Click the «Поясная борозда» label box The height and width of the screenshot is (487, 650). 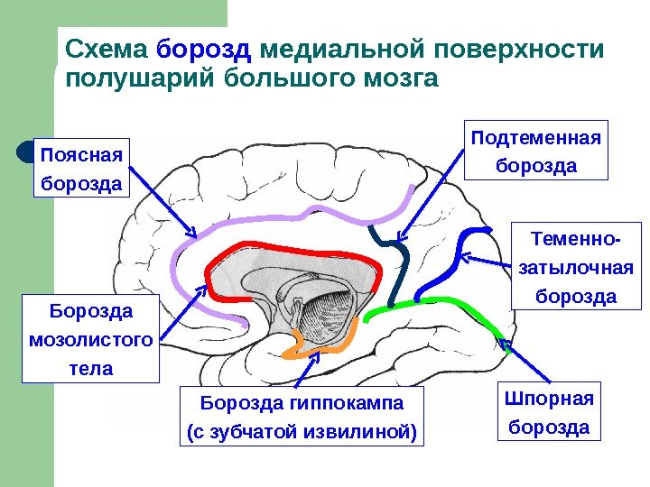click(81, 168)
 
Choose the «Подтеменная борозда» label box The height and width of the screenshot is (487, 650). click(536, 151)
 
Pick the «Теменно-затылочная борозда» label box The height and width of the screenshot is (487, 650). click(575, 267)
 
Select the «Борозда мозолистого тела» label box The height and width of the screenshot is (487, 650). click(90, 338)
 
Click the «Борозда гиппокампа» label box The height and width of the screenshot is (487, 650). click(302, 416)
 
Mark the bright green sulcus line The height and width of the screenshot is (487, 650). click(433, 300)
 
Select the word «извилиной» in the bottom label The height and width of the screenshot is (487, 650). click(369, 432)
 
